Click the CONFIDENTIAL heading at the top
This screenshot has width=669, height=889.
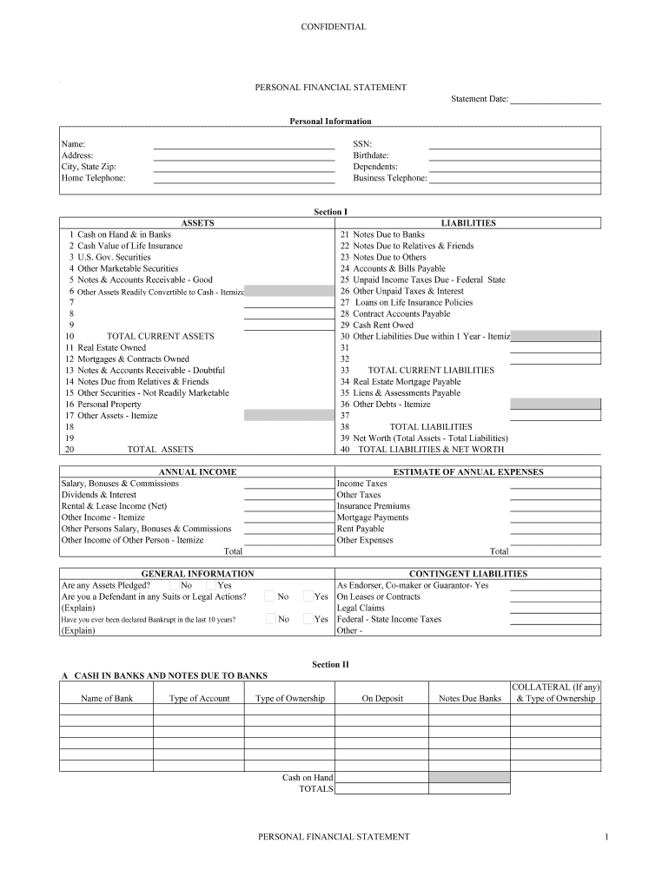(x=333, y=27)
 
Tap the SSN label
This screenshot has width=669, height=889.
(x=362, y=144)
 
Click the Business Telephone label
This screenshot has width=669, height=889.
(x=390, y=178)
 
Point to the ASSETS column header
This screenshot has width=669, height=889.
(x=197, y=223)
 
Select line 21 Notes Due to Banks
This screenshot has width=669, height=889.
(x=388, y=234)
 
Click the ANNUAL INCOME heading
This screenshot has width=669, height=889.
(x=197, y=472)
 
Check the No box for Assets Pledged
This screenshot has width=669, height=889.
(x=175, y=585)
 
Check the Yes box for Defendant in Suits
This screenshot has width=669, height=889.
(x=308, y=596)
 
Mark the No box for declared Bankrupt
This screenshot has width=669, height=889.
(x=271, y=619)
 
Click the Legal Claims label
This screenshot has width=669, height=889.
(x=361, y=608)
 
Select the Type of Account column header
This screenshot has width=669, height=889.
(x=199, y=698)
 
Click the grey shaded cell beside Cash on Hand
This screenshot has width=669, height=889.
(x=469, y=778)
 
